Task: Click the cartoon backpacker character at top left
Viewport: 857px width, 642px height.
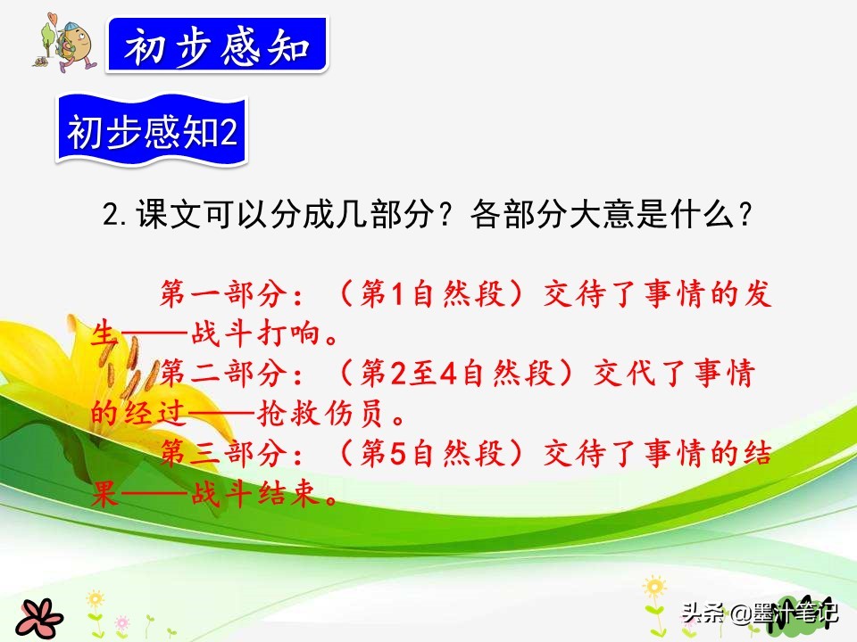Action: click(x=65, y=43)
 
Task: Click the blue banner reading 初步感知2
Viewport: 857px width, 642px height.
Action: click(x=152, y=130)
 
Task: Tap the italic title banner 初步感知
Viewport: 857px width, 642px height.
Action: click(x=217, y=45)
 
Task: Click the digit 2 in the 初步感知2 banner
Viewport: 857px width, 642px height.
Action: click(x=229, y=132)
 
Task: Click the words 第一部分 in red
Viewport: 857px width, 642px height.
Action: click(x=223, y=293)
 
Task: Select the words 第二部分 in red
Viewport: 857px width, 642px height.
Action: click(x=223, y=374)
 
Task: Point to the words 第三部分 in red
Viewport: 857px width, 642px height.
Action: click(x=223, y=454)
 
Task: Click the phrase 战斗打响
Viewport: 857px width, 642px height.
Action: click(x=256, y=333)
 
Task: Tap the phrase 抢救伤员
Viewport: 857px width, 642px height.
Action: click(x=321, y=413)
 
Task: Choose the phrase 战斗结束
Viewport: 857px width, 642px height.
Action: click(x=256, y=494)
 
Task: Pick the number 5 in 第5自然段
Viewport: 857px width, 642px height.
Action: click(x=397, y=454)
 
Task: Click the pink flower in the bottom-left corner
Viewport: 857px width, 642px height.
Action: click(x=38, y=619)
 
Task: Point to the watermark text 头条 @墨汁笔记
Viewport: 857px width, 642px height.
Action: click(x=760, y=612)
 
